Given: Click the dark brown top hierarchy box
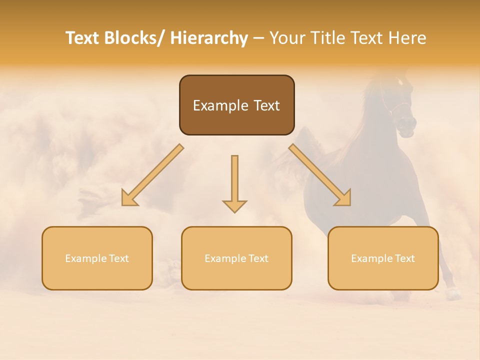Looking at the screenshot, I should tap(236, 105).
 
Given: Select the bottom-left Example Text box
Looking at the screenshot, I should tap(97, 258).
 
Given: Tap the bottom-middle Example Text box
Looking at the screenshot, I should tap(236, 258).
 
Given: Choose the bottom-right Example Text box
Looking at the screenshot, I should tap(383, 258).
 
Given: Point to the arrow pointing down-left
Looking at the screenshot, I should tap(155, 173).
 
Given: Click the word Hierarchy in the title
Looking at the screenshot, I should tap(208, 38).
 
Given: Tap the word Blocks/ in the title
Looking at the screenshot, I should tap(135, 38).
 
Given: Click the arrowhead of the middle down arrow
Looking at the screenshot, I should tap(234, 205).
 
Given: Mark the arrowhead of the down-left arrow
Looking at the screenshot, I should tap(128, 199).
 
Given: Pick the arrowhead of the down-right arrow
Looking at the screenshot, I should tap(344, 198).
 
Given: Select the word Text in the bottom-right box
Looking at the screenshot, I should tap(404, 258).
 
